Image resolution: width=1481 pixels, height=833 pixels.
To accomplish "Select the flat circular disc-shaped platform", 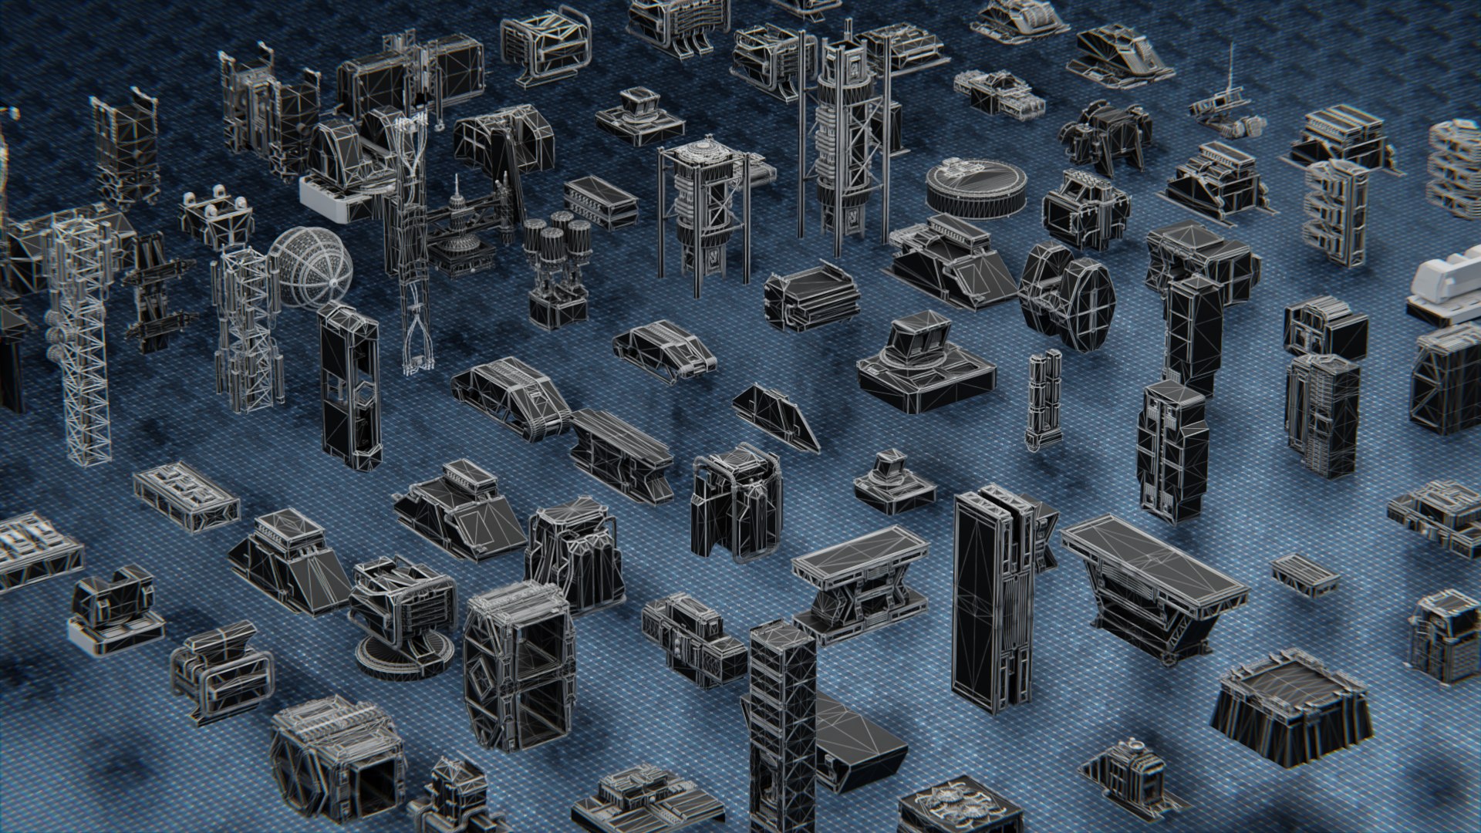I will coord(977,186).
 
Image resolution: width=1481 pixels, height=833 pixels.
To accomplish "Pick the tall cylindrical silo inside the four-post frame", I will coord(706,212).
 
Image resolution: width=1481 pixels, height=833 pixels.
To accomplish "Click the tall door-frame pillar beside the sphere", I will coord(351,386).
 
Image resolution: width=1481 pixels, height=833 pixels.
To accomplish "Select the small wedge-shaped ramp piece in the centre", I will coord(775,416).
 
